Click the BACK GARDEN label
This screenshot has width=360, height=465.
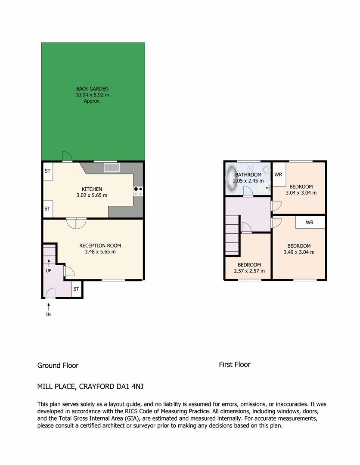(92, 89)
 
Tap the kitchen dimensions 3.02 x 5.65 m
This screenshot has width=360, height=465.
(92, 195)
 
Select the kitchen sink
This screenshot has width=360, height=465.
(112, 167)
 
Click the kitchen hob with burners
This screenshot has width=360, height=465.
(138, 191)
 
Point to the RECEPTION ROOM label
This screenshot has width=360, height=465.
(100, 245)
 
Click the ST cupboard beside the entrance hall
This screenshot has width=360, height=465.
(76, 289)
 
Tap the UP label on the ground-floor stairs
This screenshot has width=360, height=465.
(48, 271)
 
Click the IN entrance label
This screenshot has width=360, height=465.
(48, 314)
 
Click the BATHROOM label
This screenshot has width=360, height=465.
(248, 175)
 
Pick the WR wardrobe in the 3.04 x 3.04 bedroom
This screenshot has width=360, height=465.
(279, 174)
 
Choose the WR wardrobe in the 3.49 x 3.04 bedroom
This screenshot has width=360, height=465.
(310, 222)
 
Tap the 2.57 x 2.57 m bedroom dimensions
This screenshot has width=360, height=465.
(249, 271)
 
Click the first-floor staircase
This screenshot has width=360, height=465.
(232, 235)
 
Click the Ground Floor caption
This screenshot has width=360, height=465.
(58, 366)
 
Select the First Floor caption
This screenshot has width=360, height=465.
(235, 365)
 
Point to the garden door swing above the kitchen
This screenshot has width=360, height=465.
(67, 156)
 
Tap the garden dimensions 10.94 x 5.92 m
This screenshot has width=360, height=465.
(92, 95)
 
